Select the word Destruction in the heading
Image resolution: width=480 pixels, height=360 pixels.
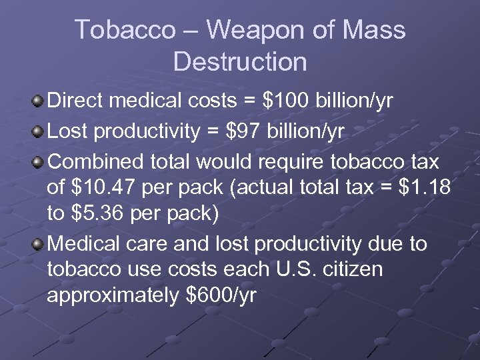point(240,62)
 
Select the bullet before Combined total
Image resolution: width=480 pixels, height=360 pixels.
point(39,162)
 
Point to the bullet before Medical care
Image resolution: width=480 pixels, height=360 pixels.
point(39,245)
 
